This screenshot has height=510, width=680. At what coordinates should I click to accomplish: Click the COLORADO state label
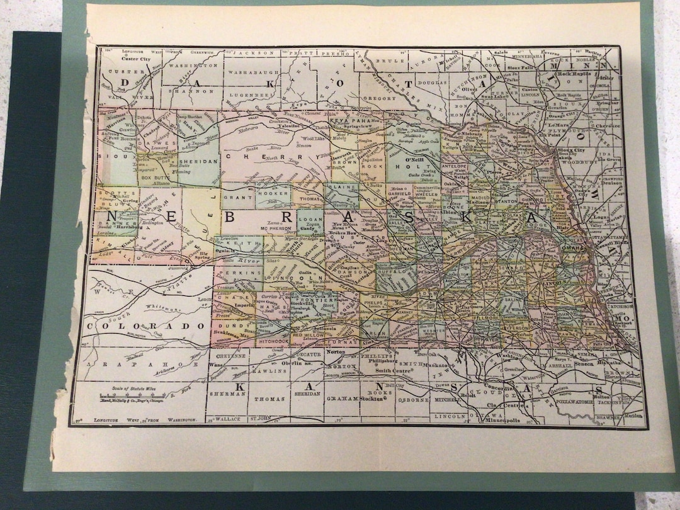pyautogui.click(x=146, y=326)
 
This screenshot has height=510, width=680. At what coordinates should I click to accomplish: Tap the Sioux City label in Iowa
pyautogui.click(x=568, y=150)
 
